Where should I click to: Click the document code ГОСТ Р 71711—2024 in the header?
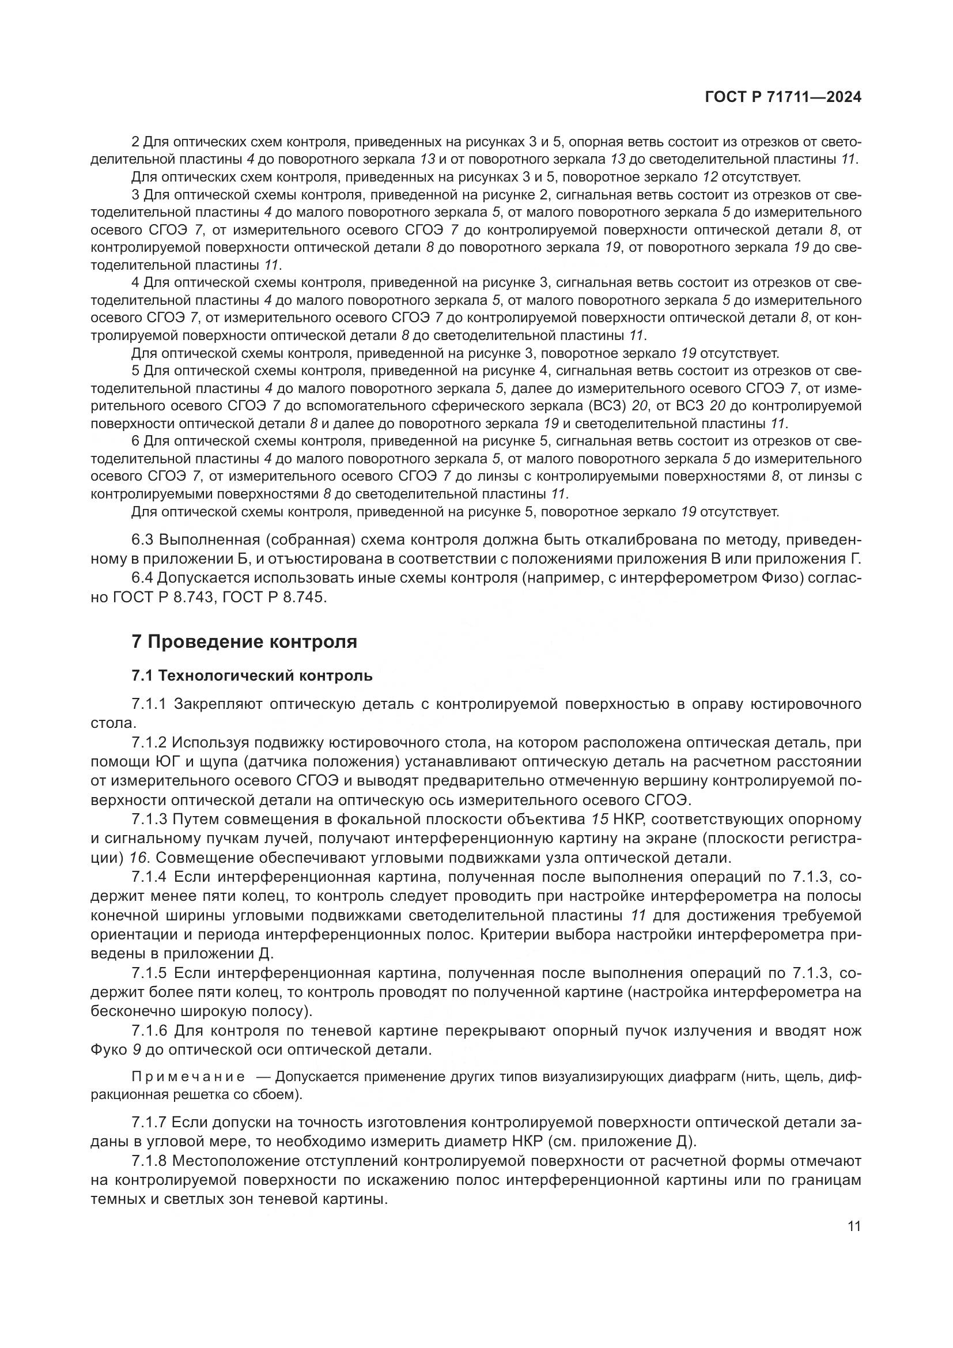783,97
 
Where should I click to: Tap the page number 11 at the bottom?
854,1226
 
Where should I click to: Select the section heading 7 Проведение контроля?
244,641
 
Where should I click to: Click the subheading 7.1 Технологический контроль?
252,676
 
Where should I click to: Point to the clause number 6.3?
142,539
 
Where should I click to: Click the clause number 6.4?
142,577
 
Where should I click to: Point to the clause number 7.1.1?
149,703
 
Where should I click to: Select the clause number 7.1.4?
149,877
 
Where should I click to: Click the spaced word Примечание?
188,1077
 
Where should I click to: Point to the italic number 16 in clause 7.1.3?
138,858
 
